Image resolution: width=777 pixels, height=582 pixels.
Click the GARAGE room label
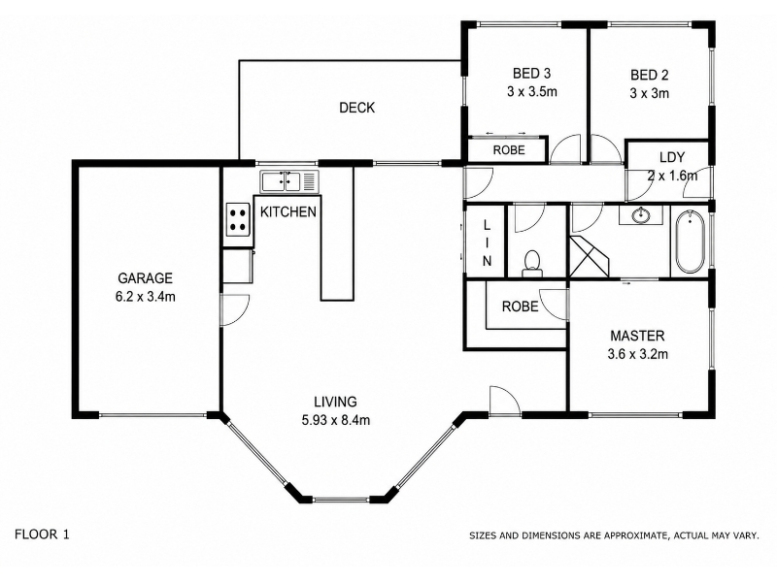[145, 278]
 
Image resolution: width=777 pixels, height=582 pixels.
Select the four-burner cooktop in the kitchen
[237, 220]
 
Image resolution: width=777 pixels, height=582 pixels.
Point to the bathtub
[690, 242]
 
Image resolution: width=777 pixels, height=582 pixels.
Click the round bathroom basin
[642, 214]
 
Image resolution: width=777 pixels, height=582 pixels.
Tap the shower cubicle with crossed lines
[590, 256]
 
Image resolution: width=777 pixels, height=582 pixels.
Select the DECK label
[356, 108]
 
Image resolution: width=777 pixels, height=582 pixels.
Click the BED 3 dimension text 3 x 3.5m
[531, 91]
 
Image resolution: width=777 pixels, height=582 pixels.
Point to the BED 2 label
[649, 76]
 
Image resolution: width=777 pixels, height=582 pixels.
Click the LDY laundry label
[672, 157]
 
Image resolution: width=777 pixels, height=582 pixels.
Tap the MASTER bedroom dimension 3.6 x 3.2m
[637, 354]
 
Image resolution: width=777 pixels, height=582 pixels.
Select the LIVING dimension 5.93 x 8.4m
[335, 420]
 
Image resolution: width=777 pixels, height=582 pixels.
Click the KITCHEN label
[287, 211]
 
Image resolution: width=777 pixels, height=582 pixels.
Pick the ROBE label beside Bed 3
[509, 150]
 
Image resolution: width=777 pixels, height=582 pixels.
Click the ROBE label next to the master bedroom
[520, 307]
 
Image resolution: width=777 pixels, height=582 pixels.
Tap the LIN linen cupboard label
[487, 243]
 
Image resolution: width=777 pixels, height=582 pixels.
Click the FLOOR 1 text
[42, 534]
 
